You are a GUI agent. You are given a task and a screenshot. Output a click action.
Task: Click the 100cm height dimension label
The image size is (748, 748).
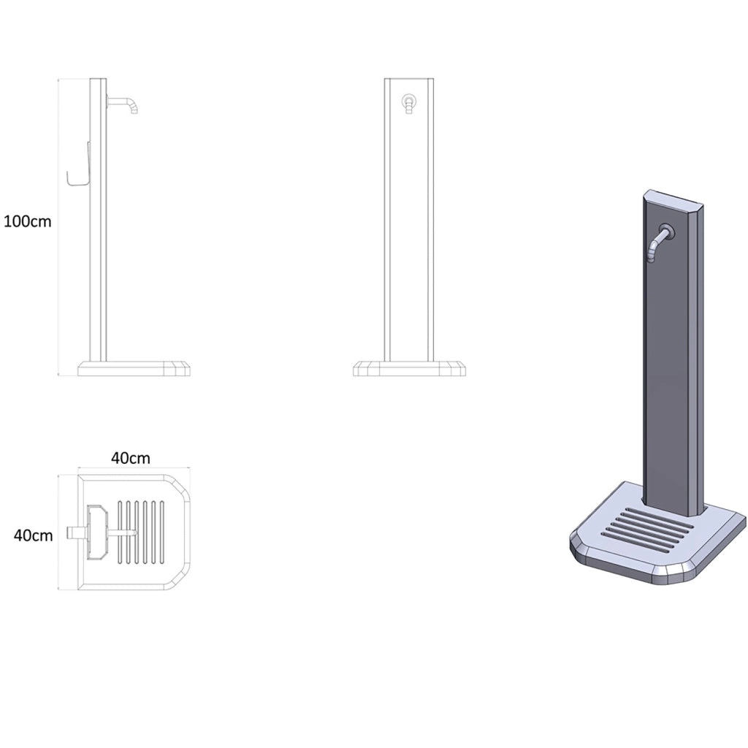click(x=28, y=222)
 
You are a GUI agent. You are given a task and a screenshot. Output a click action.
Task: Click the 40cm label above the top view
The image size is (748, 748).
click(x=131, y=458)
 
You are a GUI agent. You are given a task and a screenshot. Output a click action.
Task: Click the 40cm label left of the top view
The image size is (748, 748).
click(x=34, y=535)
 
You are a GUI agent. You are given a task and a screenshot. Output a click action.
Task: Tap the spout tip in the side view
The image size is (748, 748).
click(x=134, y=112)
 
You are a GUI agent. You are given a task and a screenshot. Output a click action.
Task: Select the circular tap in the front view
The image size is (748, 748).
click(x=409, y=101)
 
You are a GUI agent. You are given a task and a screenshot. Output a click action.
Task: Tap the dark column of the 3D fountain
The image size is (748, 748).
click(x=673, y=353)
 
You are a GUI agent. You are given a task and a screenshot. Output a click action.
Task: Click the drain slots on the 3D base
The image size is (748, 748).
click(x=647, y=530)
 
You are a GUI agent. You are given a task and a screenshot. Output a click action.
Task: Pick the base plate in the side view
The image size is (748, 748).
click(x=134, y=369)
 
